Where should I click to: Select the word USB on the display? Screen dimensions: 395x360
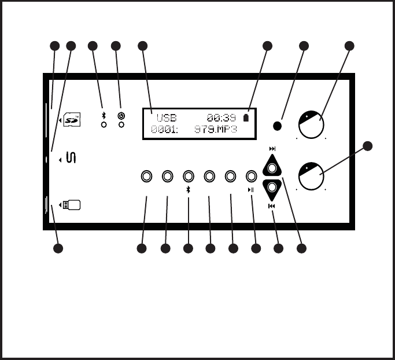click(167, 118)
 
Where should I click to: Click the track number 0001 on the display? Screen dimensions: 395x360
click(164, 130)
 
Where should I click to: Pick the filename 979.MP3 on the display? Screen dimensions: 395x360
click(215, 130)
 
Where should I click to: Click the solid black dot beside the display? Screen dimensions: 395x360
click(278, 126)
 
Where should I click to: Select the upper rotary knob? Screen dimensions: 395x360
click(311, 123)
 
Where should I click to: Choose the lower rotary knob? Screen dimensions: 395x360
click(311, 176)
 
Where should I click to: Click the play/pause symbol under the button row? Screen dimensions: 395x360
click(251, 190)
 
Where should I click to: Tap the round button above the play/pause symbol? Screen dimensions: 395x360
click(251, 176)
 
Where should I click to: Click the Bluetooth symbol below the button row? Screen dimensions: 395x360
click(188, 190)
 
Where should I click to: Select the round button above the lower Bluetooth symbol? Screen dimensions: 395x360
click(188, 176)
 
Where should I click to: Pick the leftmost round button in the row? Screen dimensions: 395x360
click(146, 176)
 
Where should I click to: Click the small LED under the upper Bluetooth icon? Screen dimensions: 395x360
click(104, 124)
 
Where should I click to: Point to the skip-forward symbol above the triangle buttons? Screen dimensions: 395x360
click(272, 149)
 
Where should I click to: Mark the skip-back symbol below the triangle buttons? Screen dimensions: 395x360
click(272, 205)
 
